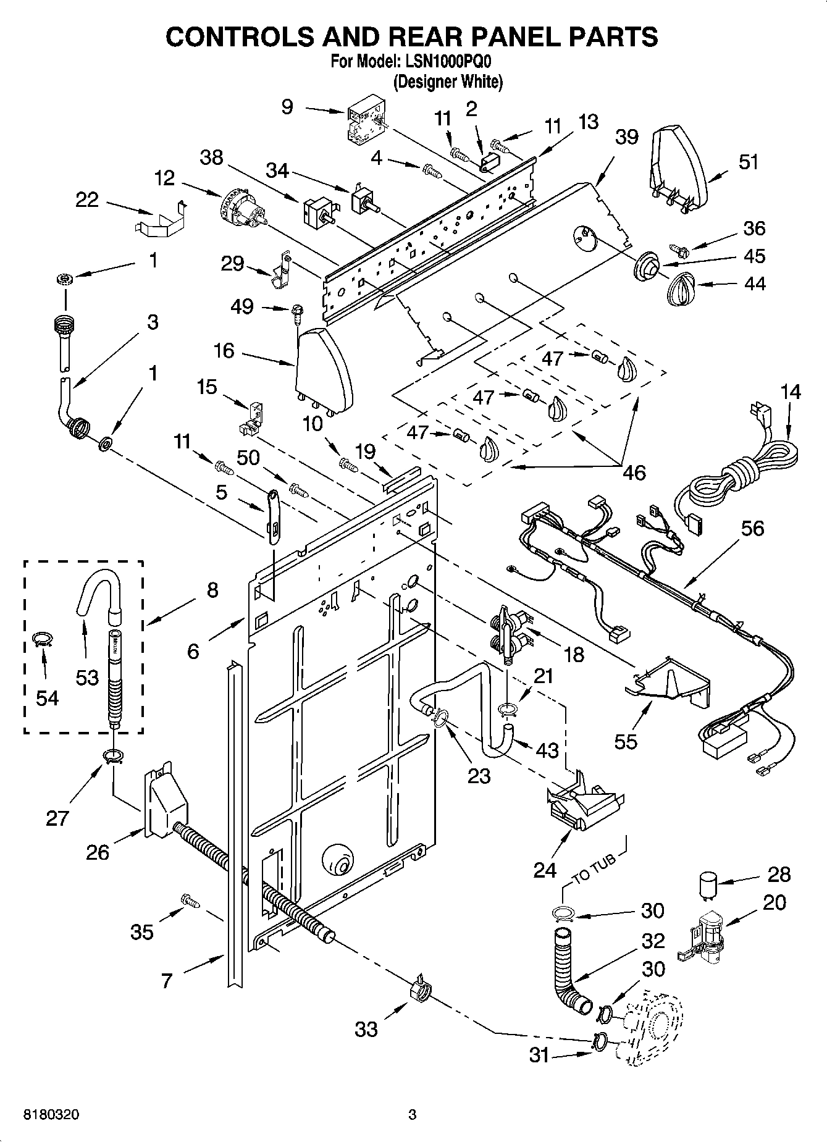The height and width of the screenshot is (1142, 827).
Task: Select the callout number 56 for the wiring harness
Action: coord(752,528)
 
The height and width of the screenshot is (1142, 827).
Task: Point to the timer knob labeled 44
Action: coord(682,288)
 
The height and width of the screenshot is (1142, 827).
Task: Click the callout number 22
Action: coord(87,199)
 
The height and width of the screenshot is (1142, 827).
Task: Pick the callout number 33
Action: coord(366,1029)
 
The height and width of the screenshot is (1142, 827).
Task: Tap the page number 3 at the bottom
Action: coord(412,1115)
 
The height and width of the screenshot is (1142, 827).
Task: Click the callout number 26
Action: coord(98,852)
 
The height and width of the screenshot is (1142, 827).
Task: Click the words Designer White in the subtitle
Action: coord(448,81)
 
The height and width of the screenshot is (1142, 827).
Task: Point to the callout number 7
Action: coord(166,980)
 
